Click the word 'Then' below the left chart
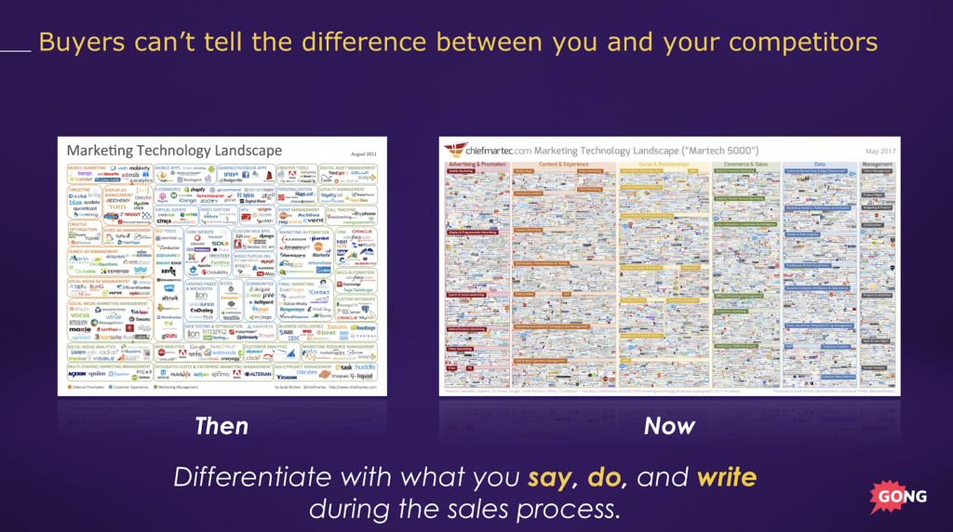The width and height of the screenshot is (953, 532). click(221, 426)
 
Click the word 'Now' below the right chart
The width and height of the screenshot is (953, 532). click(669, 426)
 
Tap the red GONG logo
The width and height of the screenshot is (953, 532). click(899, 496)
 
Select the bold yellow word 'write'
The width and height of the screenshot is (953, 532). click(726, 478)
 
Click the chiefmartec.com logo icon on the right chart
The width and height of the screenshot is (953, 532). click(456, 149)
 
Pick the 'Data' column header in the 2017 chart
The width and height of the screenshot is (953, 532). click(819, 164)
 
